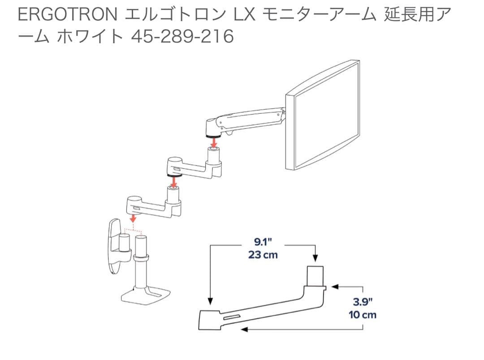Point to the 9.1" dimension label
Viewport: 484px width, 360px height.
point(263,243)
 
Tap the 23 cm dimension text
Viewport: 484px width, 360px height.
point(263,255)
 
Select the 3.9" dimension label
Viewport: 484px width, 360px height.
point(363,302)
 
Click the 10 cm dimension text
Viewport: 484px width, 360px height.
point(363,314)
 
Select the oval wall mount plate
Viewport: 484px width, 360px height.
point(113,246)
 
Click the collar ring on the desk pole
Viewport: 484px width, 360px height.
point(141,258)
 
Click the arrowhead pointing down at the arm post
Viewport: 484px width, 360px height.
point(315,258)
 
